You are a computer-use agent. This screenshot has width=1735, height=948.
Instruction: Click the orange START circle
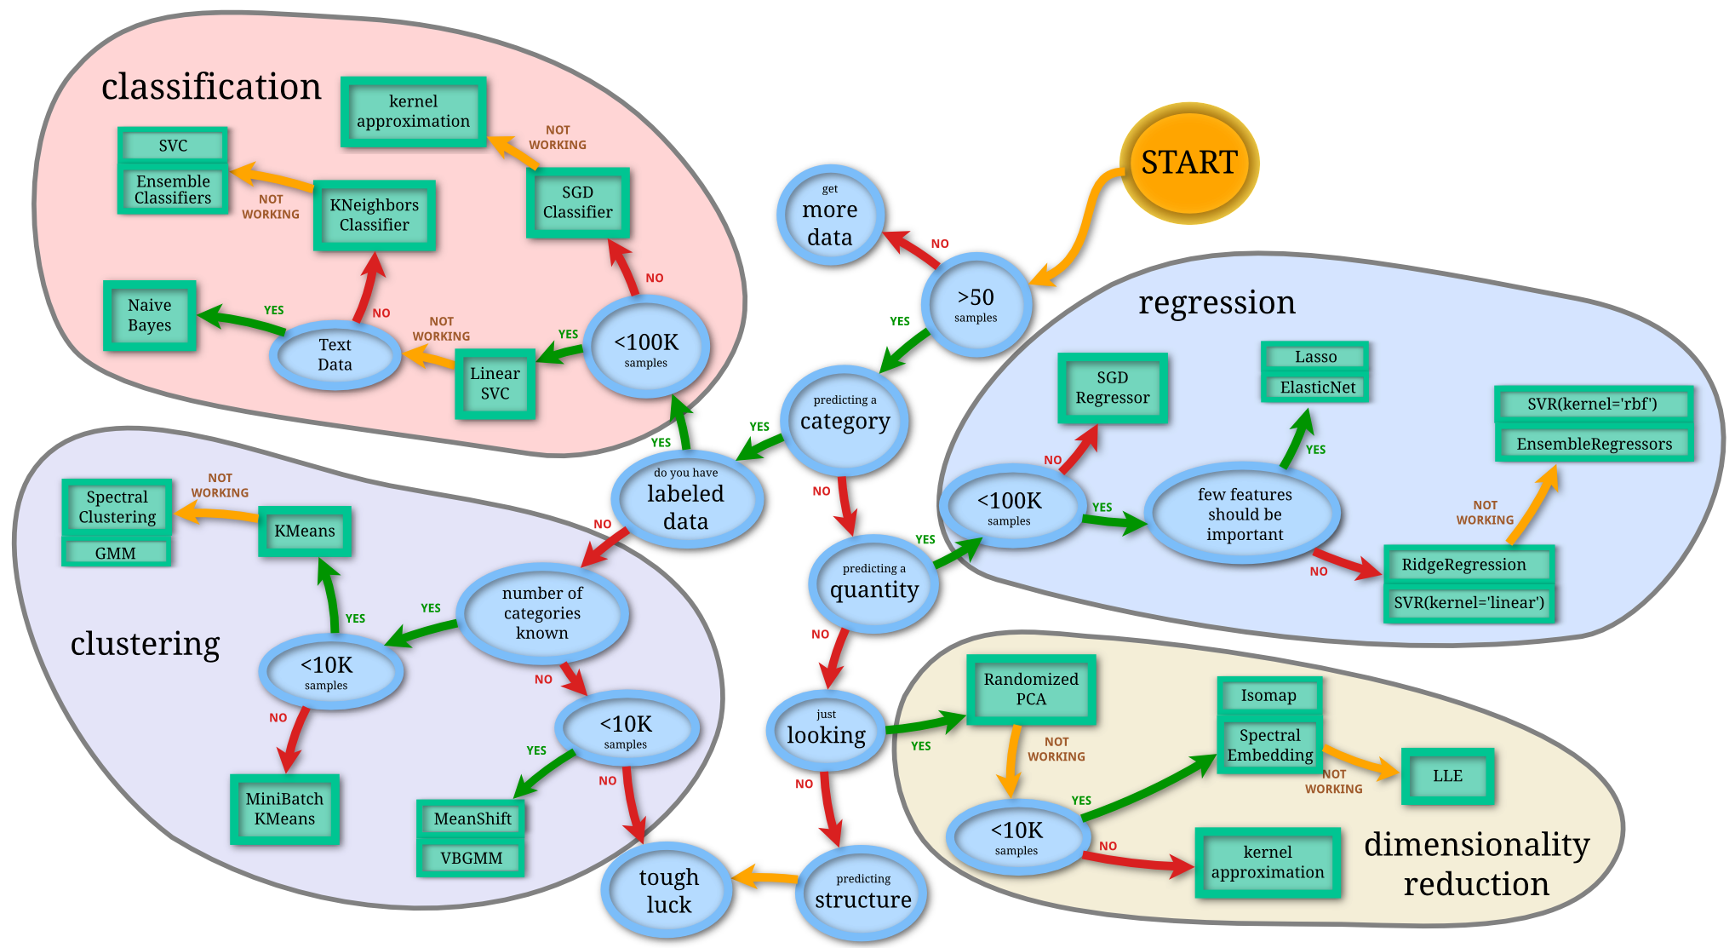click(1188, 163)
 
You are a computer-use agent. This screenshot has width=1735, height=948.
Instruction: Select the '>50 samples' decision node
click(976, 304)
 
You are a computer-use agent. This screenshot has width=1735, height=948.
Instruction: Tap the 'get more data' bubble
click(830, 215)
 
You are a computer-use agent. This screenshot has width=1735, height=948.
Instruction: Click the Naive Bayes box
click(150, 315)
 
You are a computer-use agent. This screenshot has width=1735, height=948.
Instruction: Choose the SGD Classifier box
click(577, 203)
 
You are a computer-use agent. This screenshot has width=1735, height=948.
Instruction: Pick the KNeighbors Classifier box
click(375, 215)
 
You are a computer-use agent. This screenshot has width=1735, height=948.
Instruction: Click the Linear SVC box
click(495, 383)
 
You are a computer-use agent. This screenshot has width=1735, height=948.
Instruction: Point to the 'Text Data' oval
click(335, 354)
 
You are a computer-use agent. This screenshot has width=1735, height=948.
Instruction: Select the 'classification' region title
click(211, 87)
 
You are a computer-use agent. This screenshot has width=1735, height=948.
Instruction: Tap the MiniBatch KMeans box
click(284, 809)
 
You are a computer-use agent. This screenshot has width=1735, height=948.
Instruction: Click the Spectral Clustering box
click(117, 507)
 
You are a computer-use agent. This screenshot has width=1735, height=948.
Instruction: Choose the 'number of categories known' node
click(542, 612)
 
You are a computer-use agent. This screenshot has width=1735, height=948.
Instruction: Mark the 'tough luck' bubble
click(668, 890)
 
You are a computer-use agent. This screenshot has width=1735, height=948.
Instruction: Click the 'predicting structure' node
click(862, 893)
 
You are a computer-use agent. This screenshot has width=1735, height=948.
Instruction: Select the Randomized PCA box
click(1031, 689)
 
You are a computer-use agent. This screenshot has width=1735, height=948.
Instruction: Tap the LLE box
click(1447, 776)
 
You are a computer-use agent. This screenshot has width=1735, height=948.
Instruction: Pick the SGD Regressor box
click(1112, 388)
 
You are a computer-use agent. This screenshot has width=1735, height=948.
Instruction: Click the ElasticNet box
click(1317, 388)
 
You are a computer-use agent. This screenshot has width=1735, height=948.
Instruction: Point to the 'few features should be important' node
click(1244, 514)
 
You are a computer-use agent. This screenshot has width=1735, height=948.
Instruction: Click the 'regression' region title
click(1217, 302)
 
